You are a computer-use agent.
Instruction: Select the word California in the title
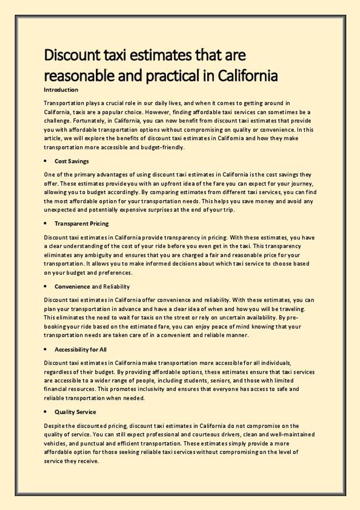click(245, 74)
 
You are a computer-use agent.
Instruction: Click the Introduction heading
click(61, 89)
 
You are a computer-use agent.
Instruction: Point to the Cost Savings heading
click(71, 161)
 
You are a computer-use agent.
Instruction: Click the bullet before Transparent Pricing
click(44, 223)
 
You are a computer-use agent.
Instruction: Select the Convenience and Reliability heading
click(92, 287)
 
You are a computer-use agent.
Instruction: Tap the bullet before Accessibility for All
click(44, 350)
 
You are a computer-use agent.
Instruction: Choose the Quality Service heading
click(75, 412)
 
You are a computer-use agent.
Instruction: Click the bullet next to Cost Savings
click(44, 161)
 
